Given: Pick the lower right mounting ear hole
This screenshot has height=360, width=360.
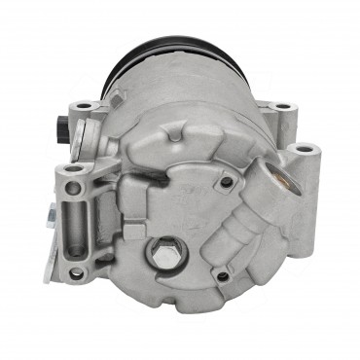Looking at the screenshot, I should [305, 151].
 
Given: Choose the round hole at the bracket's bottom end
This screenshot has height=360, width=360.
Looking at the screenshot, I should [76, 272].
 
